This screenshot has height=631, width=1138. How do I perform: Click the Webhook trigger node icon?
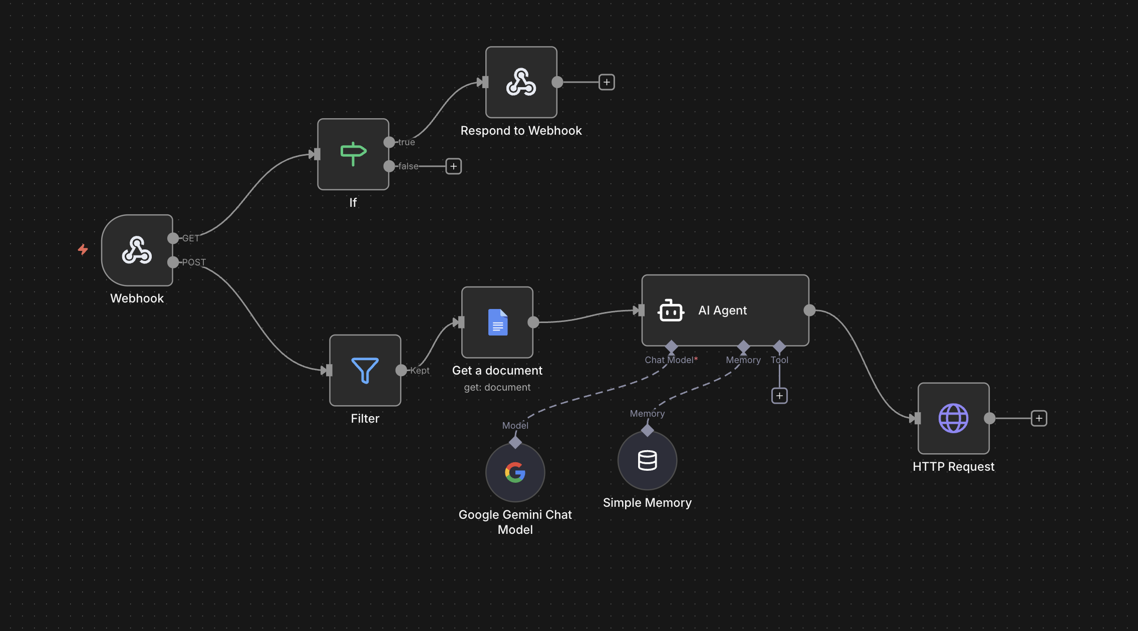click(137, 250)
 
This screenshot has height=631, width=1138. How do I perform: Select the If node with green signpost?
click(353, 154)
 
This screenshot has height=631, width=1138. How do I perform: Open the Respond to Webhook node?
click(521, 82)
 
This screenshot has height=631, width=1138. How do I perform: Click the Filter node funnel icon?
click(365, 371)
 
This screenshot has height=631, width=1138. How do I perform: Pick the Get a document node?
click(497, 323)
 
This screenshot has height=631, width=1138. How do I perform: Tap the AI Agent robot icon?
click(671, 310)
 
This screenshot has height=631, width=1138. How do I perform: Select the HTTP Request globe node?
click(954, 419)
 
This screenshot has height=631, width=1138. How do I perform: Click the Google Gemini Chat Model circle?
click(515, 472)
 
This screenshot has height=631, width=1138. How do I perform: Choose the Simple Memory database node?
click(648, 460)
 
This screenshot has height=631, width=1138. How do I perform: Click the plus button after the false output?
click(454, 166)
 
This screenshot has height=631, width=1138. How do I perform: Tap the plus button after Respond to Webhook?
click(607, 82)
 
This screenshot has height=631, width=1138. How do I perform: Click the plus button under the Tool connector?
click(779, 396)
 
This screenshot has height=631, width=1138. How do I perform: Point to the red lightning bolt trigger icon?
click(83, 249)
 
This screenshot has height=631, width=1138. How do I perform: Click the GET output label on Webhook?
click(191, 238)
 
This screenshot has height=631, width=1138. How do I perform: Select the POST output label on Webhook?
click(194, 262)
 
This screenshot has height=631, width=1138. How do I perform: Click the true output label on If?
click(407, 142)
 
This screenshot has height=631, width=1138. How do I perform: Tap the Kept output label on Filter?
click(420, 371)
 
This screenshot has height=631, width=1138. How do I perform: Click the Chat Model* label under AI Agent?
click(671, 360)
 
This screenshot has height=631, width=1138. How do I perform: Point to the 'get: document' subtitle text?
click(497, 387)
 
